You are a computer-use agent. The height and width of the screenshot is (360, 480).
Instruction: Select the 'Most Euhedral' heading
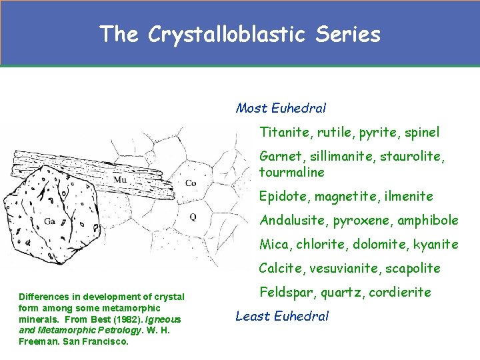click(281, 108)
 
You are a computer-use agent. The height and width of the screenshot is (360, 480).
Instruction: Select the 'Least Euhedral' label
click(282, 316)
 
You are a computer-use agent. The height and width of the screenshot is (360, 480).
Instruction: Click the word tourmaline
click(292, 173)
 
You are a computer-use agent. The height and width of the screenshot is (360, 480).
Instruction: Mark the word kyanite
click(436, 245)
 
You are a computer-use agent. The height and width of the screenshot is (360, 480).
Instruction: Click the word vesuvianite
click(345, 269)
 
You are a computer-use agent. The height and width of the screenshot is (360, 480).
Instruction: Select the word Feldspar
click(285, 292)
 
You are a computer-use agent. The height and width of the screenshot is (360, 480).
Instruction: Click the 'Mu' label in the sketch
click(120, 179)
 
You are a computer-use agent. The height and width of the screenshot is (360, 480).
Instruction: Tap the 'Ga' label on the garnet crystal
click(50, 221)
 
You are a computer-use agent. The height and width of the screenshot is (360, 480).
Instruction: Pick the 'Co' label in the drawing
click(190, 183)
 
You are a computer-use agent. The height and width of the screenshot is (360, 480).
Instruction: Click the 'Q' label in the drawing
click(193, 216)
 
